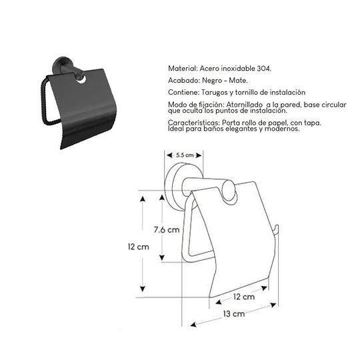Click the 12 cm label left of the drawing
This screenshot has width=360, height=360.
(x=139, y=246)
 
